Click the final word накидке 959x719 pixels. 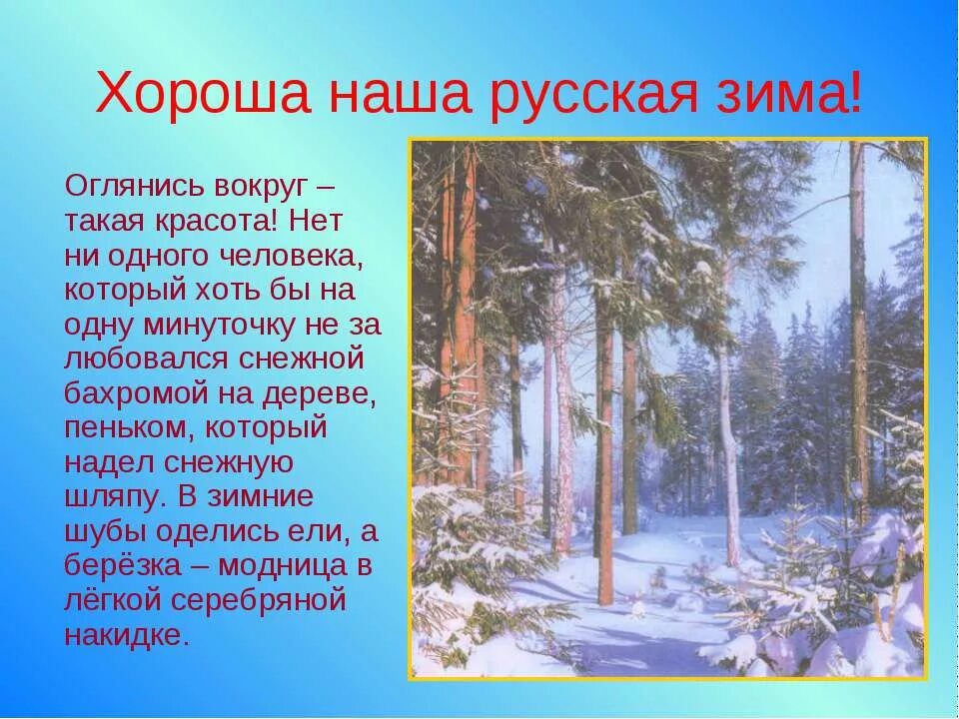point(127,636)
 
